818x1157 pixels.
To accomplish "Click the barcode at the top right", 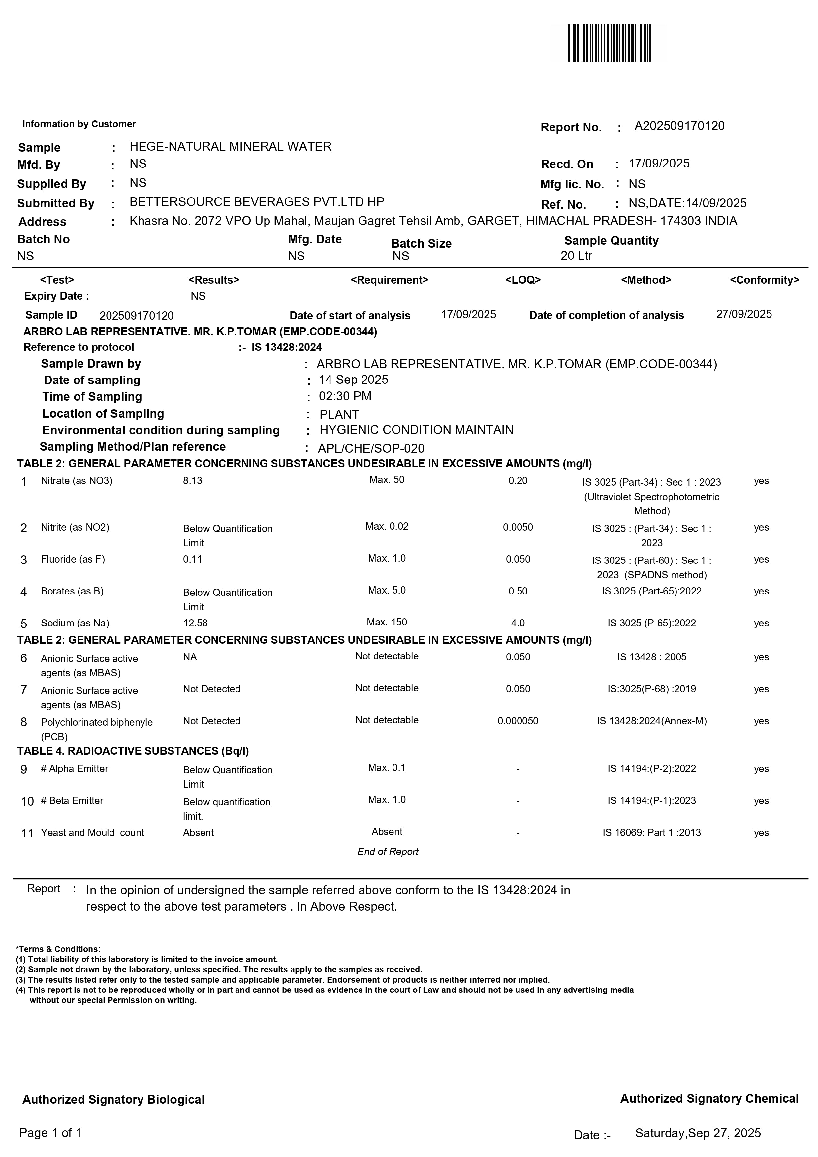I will pyautogui.click(x=609, y=43).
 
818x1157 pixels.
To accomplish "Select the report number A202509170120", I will pyautogui.click(x=679, y=126).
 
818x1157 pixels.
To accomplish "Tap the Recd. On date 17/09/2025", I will pyautogui.click(x=659, y=164).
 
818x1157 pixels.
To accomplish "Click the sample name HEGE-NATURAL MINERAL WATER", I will pyautogui.click(x=230, y=147).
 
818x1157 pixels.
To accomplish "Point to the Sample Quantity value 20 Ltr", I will pyautogui.click(x=576, y=256).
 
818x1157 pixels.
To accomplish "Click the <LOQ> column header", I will pyautogui.click(x=523, y=280).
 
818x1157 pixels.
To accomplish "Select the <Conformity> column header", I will pyautogui.click(x=764, y=280).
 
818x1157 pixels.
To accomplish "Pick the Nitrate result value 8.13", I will pyautogui.click(x=193, y=481).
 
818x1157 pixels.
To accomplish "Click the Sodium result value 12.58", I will pyautogui.click(x=195, y=624).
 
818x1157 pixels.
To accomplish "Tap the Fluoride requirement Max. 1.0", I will pyautogui.click(x=387, y=558).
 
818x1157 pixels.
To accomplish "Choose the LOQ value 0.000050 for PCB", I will pyautogui.click(x=518, y=721).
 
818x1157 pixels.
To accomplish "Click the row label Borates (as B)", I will pyautogui.click(x=72, y=591).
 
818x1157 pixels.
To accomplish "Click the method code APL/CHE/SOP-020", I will pyautogui.click(x=371, y=448).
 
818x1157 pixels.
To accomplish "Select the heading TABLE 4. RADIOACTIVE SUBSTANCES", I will pyautogui.click(x=133, y=751).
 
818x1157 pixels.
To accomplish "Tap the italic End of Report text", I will pyautogui.click(x=388, y=852).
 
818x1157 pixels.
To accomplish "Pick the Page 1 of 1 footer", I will pyautogui.click(x=50, y=1133).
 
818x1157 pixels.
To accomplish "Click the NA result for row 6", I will pyautogui.click(x=190, y=657).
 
